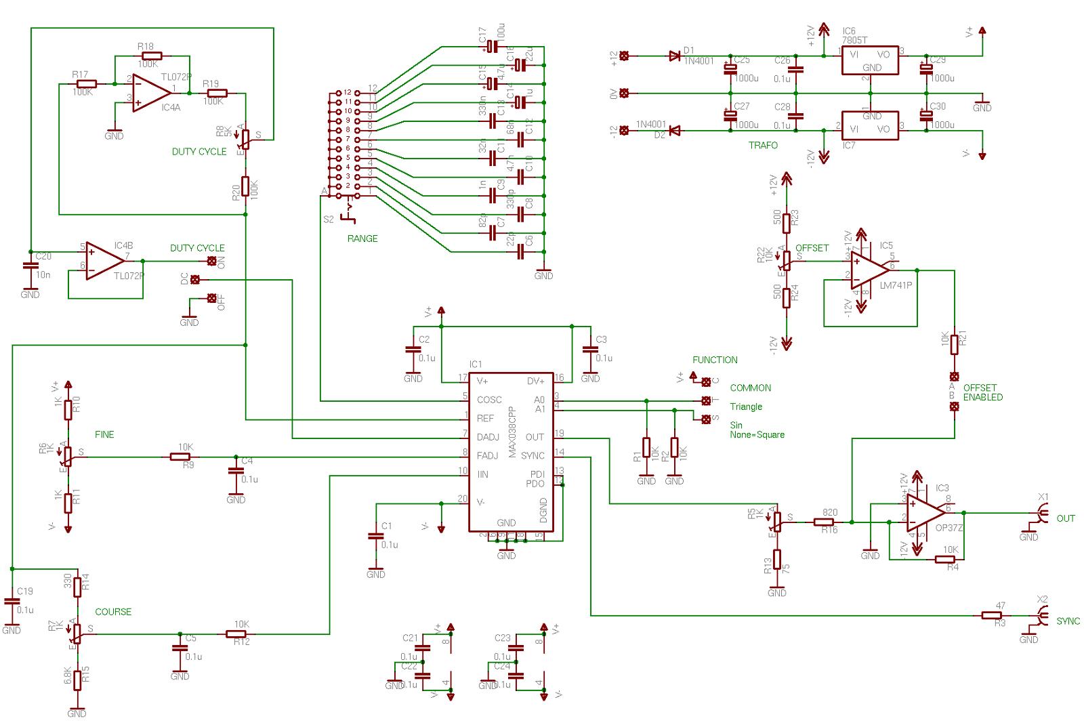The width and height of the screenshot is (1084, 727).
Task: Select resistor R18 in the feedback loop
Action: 152,56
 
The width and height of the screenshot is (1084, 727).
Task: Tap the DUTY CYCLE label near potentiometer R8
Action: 199,152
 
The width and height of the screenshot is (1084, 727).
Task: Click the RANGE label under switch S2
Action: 362,238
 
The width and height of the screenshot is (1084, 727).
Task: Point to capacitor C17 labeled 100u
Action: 493,46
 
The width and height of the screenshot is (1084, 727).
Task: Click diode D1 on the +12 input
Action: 674,56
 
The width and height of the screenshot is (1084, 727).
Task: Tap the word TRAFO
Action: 763,146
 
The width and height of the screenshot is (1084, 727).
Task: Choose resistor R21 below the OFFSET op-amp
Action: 954,344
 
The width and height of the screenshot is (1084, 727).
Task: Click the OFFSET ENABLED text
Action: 982,393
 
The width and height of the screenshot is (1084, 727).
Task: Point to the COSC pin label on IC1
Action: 490,400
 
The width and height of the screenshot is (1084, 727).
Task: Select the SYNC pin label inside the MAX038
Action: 533,456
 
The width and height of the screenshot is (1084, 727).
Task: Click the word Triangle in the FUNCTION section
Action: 746,407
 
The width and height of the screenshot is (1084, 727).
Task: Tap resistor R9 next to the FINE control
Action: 183,457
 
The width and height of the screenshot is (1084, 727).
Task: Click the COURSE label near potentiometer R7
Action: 113,612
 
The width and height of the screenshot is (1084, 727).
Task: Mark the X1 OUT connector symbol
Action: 1041,518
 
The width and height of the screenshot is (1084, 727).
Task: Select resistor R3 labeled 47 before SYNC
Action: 993,615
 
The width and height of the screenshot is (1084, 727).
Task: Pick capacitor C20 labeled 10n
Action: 28,266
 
